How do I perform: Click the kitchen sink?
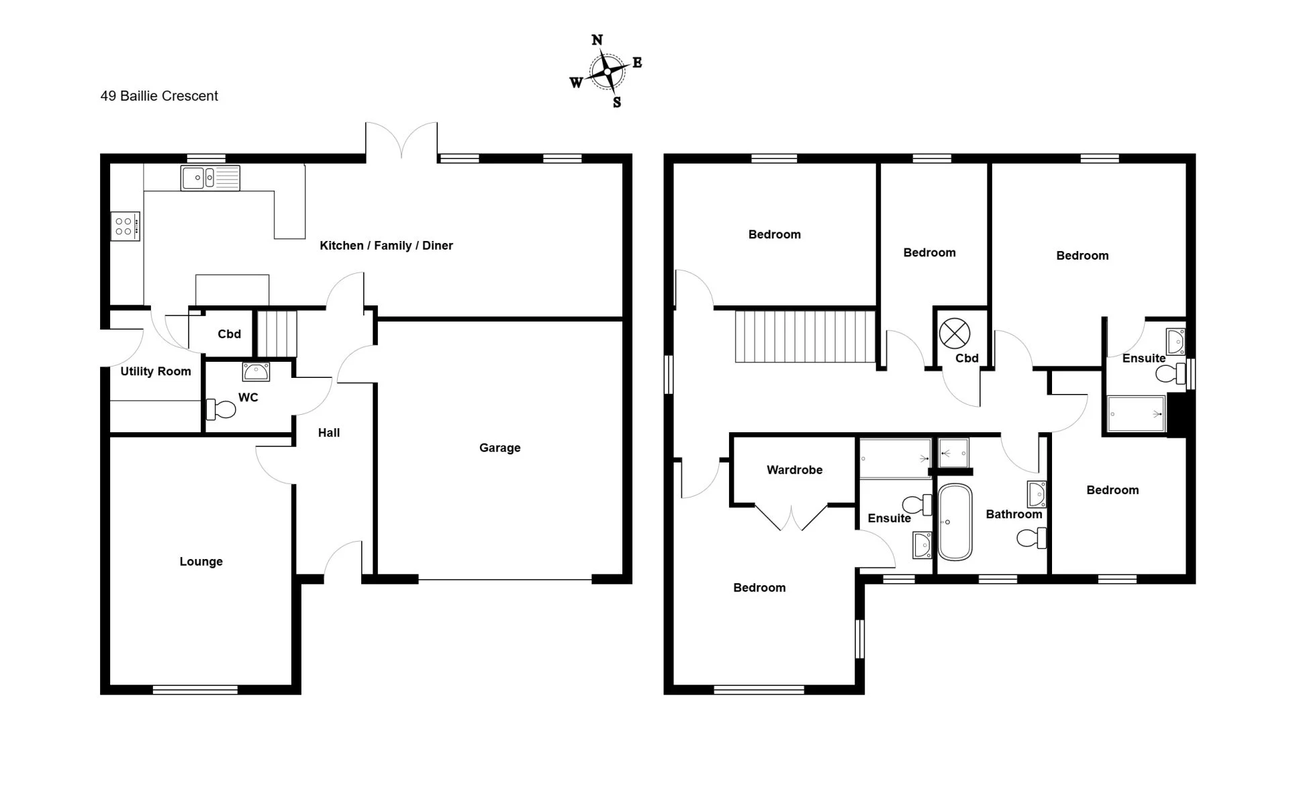click(x=210, y=178)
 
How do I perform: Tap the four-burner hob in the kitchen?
click(x=125, y=226)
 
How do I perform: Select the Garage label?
click(x=499, y=448)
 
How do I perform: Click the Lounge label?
click(x=201, y=562)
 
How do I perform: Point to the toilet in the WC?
click(x=221, y=408)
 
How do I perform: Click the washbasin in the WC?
click(x=256, y=371)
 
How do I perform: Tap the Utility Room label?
click(x=156, y=371)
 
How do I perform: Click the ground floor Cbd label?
click(x=229, y=334)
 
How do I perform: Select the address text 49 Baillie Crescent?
click(x=159, y=96)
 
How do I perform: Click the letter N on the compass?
click(x=597, y=40)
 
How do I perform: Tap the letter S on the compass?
click(x=617, y=103)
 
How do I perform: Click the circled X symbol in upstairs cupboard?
click(x=955, y=333)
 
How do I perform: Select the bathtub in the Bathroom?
click(x=955, y=522)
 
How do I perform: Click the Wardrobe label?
click(x=794, y=470)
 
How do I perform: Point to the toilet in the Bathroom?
click(x=1032, y=538)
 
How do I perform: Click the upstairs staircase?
click(x=806, y=336)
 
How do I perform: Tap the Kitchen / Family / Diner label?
click(x=386, y=246)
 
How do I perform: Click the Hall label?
click(x=329, y=433)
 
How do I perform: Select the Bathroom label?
click(x=1014, y=514)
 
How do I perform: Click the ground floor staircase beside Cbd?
click(x=277, y=334)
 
